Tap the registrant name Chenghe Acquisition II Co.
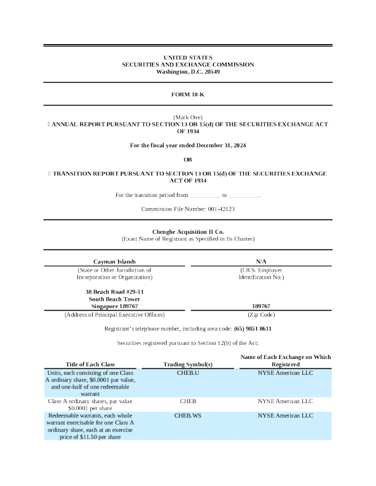click(188, 231)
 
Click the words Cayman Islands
click(114, 261)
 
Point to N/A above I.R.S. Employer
click(261, 261)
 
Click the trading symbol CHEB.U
click(188, 372)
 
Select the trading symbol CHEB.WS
click(188, 415)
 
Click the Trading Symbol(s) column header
click(188, 364)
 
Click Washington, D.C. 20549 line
click(188, 72)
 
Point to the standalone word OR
click(188, 160)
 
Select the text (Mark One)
click(188, 117)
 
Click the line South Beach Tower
click(114, 298)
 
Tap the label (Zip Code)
click(261, 314)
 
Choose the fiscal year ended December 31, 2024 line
click(188, 145)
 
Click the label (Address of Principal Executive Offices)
click(114, 314)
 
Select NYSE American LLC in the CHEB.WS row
click(286, 415)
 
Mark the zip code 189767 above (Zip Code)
click(261, 306)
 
